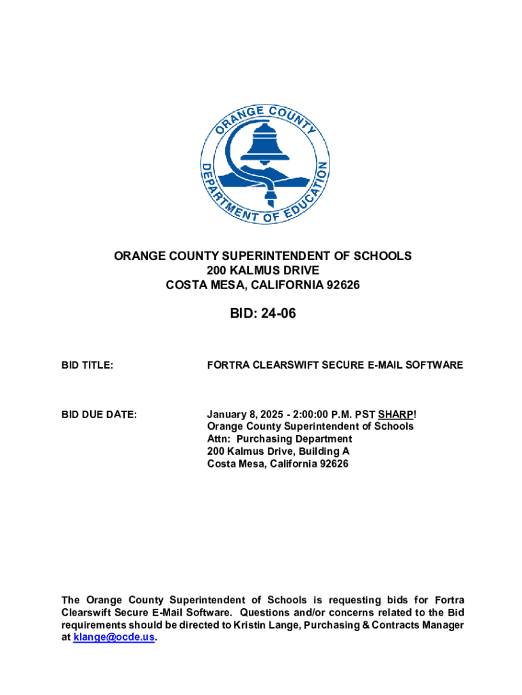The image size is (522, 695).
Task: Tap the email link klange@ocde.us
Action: tap(113, 637)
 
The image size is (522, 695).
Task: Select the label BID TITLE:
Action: tap(87, 365)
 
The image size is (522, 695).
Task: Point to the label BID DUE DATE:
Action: tap(99, 414)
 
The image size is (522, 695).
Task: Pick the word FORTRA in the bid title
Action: tap(227, 365)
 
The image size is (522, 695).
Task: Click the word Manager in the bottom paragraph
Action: tap(445, 625)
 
